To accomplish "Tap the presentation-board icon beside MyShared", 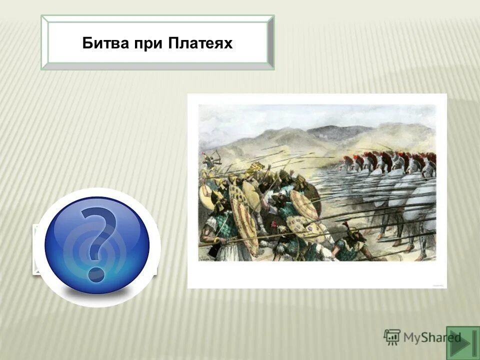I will (x=392, y=337).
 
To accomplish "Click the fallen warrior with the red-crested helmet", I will (x=350, y=245).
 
